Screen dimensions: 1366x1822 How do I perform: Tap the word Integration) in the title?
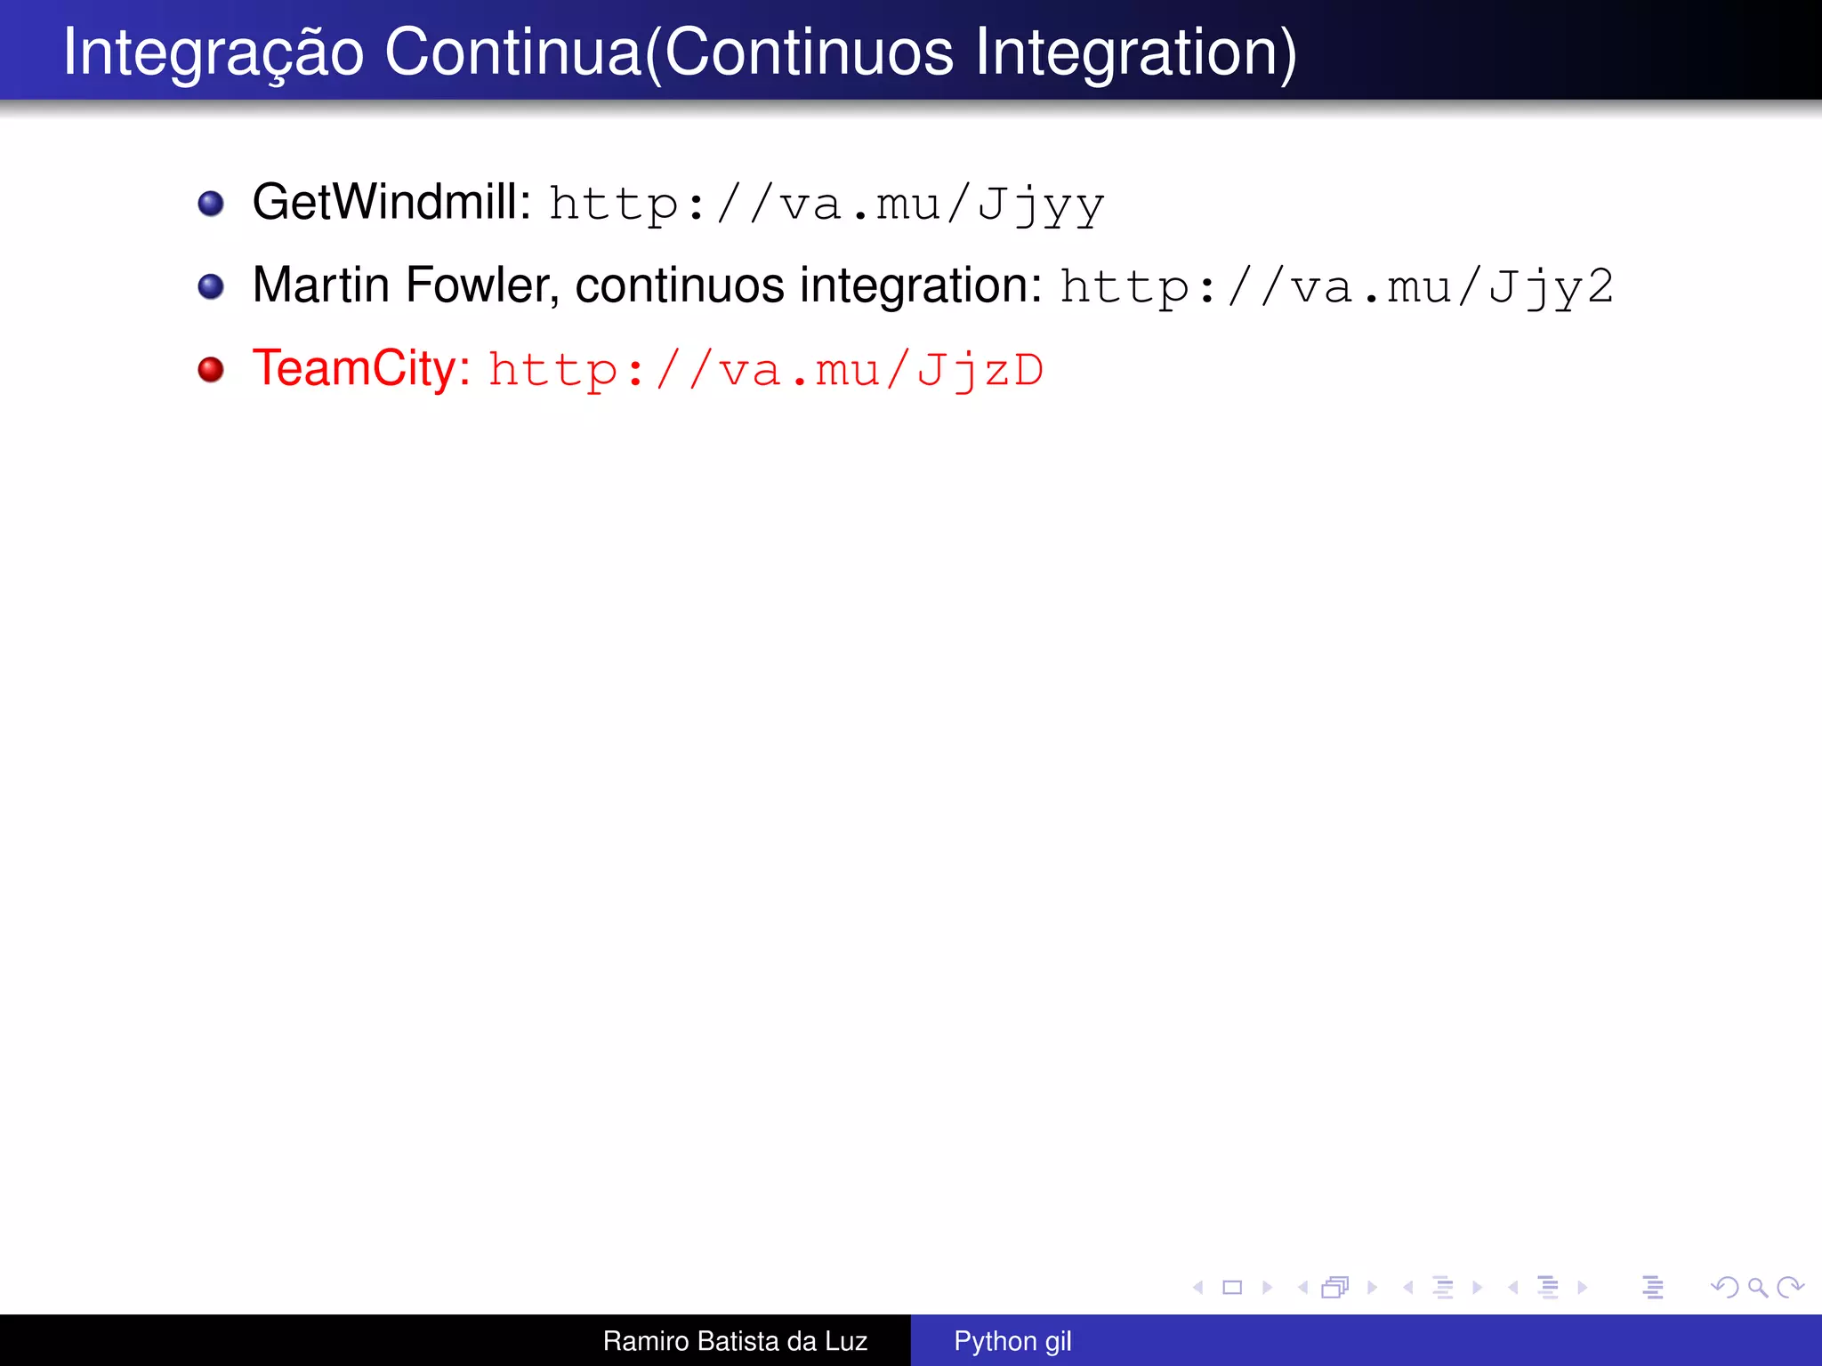1136,53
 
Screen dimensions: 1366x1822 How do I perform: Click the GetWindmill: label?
391,203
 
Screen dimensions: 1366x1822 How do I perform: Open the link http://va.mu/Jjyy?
826,205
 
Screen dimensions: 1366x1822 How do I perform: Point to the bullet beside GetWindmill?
211,204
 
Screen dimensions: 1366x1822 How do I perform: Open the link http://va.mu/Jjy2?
1336,287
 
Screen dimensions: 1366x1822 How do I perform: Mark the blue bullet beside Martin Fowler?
211,286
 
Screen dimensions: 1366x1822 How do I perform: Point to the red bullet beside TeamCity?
211,369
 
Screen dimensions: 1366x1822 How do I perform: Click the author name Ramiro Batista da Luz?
735,1341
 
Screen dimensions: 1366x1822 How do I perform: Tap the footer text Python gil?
1012,1341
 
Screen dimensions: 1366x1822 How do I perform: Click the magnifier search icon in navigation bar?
1757,1287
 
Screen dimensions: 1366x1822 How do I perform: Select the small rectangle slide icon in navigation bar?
1232,1287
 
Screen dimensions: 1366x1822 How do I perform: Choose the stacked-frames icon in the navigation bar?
1335,1287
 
